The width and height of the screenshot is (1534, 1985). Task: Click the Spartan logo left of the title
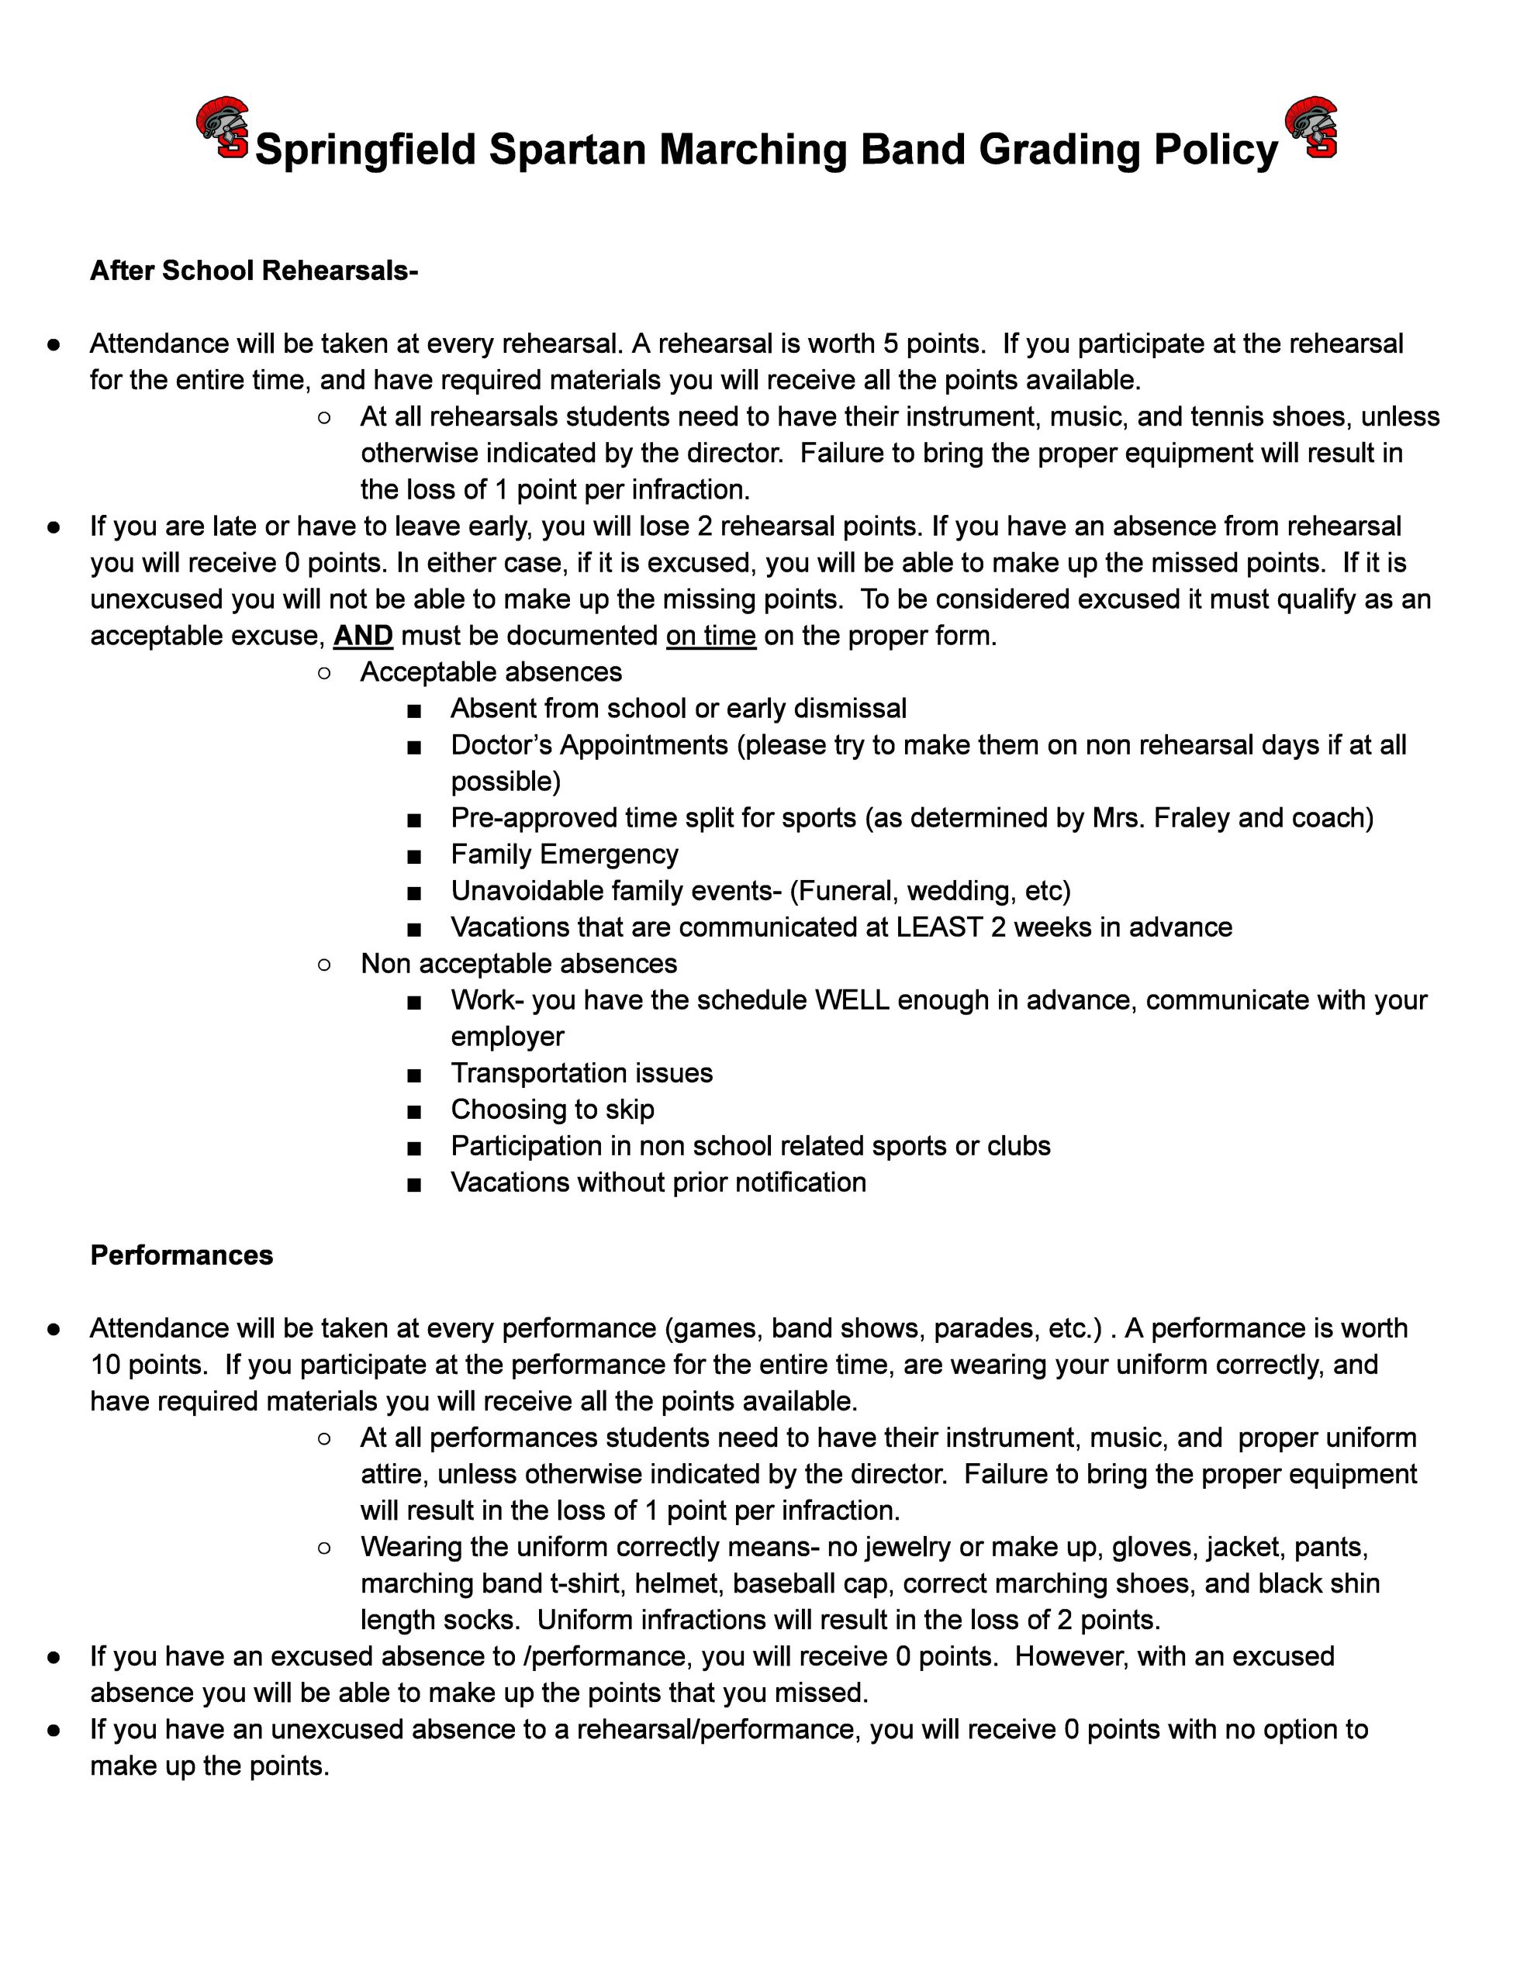tap(223, 128)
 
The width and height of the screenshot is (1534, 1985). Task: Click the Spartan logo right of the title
tap(1311, 128)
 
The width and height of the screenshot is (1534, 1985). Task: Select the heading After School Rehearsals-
tap(254, 271)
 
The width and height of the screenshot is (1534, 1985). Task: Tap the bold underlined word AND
tap(363, 635)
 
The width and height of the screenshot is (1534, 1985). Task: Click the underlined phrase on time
tap(710, 635)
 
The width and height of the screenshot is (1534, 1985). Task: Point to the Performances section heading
tap(181, 1255)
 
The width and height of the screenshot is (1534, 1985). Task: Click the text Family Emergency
tap(564, 854)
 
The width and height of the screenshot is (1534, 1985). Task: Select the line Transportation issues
tap(581, 1072)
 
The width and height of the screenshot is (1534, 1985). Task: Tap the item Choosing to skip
tap(552, 1109)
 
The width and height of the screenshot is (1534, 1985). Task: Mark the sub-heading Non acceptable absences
tap(518, 963)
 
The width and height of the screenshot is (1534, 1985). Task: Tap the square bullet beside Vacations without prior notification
tap(415, 1184)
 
